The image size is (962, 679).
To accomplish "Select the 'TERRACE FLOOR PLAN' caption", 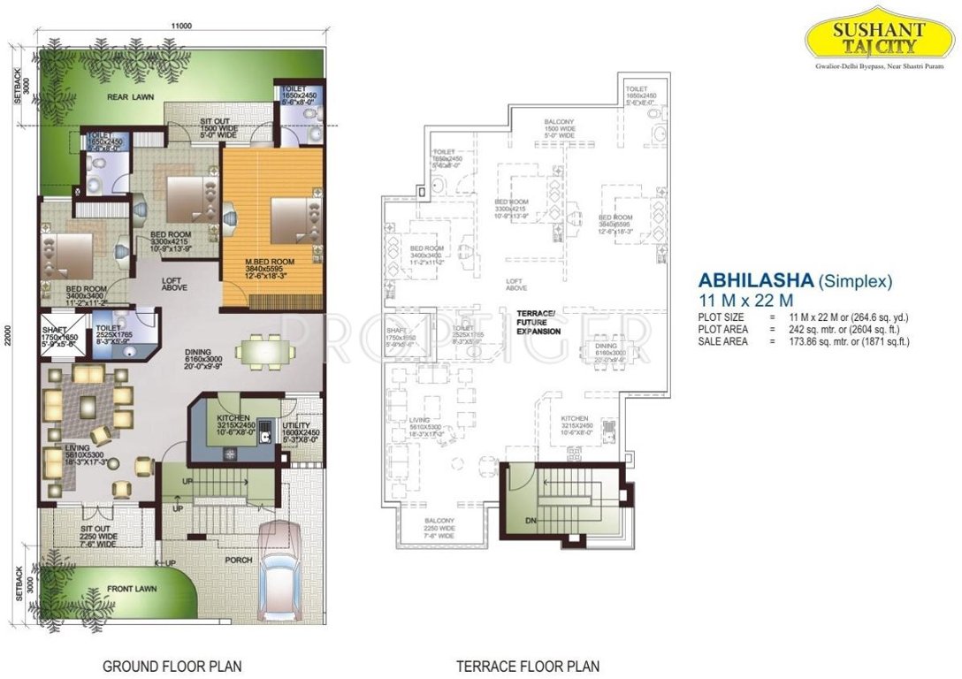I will pos(528,665).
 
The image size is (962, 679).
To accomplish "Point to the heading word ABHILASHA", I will pos(755,281).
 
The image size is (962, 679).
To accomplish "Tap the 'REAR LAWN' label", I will pos(126,97).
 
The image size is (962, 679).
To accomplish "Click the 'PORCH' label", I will pos(238,560).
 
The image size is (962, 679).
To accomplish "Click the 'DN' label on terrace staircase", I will pos(531,521).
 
